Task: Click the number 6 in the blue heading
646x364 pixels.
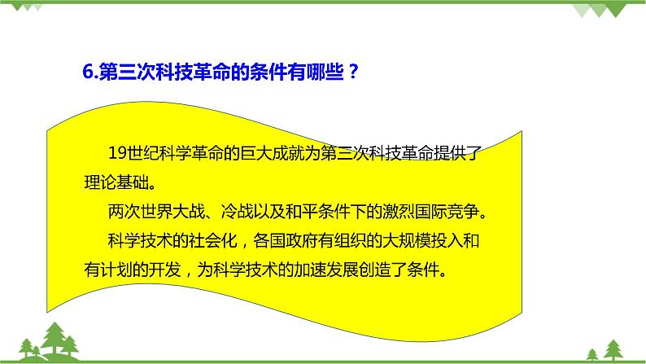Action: [88, 71]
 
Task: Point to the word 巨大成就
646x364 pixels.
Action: [274, 153]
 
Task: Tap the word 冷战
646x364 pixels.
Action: [233, 212]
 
